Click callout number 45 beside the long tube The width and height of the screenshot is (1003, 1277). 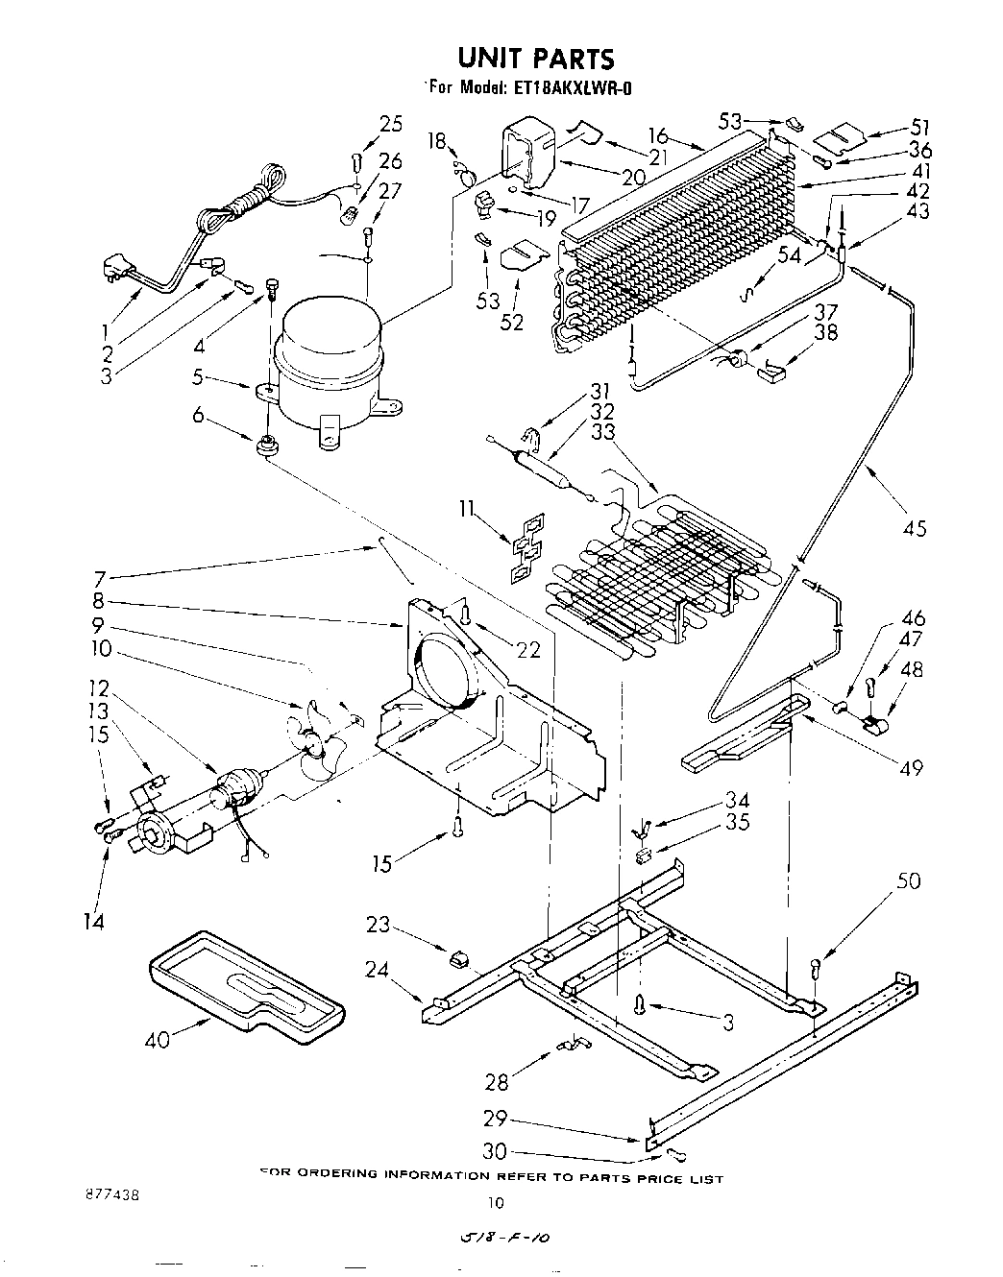pos(915,527)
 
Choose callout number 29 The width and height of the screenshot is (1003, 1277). pos(496,1118)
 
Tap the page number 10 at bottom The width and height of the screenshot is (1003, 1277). pos(495,1201)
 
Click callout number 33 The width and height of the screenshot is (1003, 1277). pos(602,432)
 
